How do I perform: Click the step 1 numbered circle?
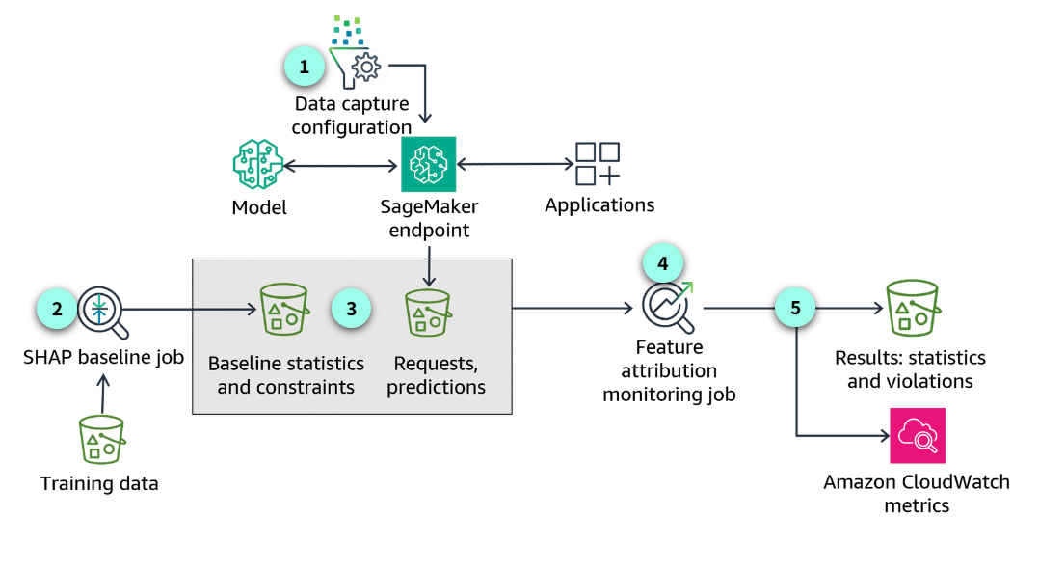[x=305, y=67]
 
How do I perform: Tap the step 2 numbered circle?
[x=57, y=309]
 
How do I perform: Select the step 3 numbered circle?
[x=351, y=309]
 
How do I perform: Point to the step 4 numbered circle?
[x=662, y=261]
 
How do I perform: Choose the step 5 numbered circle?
[x=795, y=309]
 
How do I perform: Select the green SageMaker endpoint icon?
[x=428, y=165]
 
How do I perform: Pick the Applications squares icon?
[x=598, y=163]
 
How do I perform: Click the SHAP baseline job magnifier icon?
[x=102, y=312]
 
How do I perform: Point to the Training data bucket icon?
[x=102, y=440]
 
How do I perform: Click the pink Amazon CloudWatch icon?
[x=918, y=436]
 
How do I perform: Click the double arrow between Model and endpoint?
[x=342, y=166]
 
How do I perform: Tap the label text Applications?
[x=599, y=205]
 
